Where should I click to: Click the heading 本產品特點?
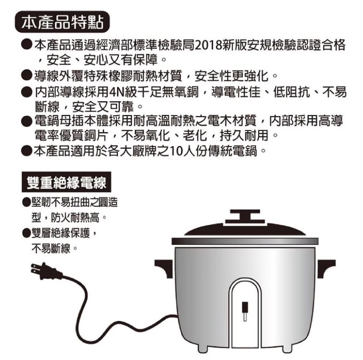62,22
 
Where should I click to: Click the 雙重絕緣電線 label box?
66,182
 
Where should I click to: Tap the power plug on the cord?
45,271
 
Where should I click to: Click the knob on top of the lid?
245,217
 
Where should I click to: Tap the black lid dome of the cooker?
245,230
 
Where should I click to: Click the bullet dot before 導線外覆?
26,75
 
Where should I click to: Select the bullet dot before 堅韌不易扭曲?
26,202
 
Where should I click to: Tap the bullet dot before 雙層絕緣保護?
26,232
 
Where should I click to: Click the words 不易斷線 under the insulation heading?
51,249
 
